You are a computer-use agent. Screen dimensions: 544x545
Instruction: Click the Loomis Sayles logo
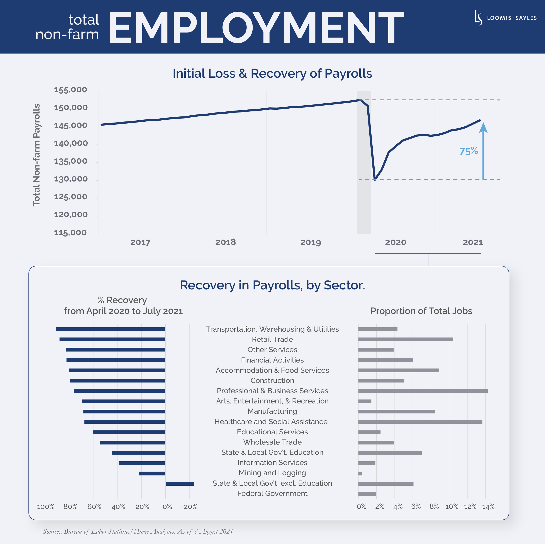click(x=505, y=18)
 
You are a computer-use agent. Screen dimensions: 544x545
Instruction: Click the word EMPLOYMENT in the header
click(x=256, y=27)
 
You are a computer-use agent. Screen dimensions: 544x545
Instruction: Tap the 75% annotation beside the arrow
click(x=468, y=151)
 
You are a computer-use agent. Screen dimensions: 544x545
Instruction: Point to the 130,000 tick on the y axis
click(x=71, y=179)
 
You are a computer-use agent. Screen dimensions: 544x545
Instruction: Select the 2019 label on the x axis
click(x=310, y=242)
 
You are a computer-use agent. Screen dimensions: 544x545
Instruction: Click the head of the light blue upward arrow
click(x=483, y=128)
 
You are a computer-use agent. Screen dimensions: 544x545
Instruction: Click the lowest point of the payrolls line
click(x=375, y=179)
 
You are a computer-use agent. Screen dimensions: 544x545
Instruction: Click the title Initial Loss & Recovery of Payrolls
click(x=272, y=73)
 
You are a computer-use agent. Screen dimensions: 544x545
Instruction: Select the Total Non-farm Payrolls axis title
click(x=37, y=155)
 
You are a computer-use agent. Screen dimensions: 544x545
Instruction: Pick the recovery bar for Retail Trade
click(x=112, y=339)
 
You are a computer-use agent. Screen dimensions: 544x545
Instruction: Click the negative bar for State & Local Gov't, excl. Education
click(x=180, y=484)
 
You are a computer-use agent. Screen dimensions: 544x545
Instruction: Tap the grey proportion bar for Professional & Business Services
click(x=423, y=391)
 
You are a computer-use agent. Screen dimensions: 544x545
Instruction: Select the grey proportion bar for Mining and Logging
click(x=360, y=473)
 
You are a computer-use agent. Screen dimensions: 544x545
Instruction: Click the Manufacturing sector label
click(x=272, y=411)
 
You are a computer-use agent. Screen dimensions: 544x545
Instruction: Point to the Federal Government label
click(x=272, y=493)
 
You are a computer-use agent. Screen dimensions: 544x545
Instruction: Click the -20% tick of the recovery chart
click(x=189, y=507)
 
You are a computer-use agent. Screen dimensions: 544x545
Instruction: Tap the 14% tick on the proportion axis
click(x=488, y=507)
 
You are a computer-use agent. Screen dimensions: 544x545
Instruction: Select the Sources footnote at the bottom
click(x=138, y=531)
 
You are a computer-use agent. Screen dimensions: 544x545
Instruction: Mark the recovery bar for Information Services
click(x=142, y=463)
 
